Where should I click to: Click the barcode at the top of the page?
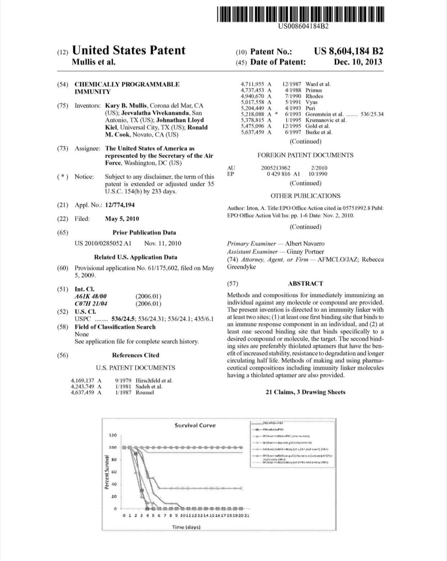[x=301, y=14]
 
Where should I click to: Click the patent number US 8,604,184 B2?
[x=348, y=51]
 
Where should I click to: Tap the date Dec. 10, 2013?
[x=358, y=62]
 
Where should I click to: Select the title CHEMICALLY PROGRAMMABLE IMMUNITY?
[x=127, y=88]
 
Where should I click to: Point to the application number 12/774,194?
[x=120, y=205]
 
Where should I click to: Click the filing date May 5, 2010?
[x=122, y=219]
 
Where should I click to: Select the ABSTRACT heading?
[x=306, y=283]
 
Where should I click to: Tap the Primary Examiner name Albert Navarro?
[x=304, y=244]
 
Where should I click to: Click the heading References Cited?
[x=135, y=355]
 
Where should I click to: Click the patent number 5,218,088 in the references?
[x=253, y=114]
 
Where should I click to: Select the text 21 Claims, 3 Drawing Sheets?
[x=305, y=392]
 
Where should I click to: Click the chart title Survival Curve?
[x=195, y=425]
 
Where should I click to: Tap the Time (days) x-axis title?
[x=186, y=527]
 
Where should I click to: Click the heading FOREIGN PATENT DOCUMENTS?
[x=305, y=155]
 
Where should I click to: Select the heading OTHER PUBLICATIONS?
[x=305, y=196]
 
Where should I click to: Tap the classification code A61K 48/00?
[x=91, y=296]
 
